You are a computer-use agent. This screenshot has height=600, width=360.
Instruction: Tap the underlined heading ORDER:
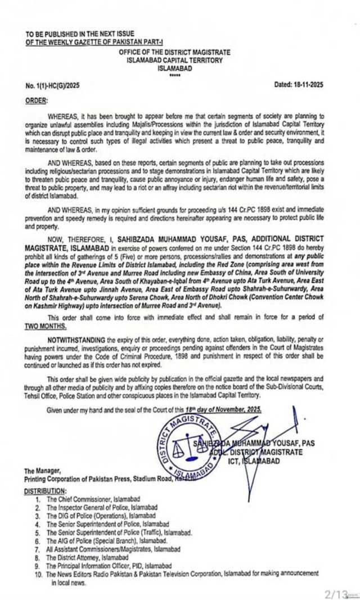37,100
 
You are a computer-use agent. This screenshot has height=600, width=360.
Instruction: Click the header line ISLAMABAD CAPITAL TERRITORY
175,60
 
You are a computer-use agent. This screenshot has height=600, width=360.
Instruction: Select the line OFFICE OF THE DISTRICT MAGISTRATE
175,52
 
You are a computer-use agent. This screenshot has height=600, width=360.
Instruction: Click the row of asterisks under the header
175,74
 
